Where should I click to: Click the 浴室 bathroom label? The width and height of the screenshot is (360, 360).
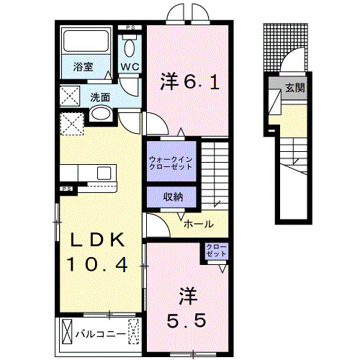point(84,67)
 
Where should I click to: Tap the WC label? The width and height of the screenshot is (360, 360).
point(130,67)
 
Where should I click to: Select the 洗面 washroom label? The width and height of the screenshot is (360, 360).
point(99,97)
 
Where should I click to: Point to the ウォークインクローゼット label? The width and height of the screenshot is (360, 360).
point(171,162)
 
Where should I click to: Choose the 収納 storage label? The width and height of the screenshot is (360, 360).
point(172,195)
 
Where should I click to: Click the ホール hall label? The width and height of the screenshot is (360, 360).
point(198,224)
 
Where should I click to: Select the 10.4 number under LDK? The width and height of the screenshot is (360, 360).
point(99,265)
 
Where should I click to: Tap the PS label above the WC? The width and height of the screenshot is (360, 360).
point(130,28)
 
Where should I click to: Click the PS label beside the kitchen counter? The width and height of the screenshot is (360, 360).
point(66,189)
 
